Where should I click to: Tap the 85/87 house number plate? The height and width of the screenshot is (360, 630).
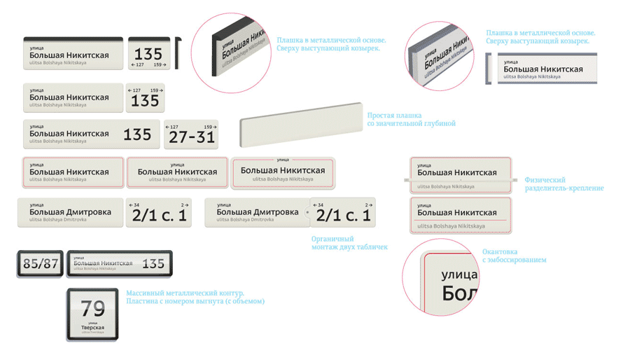coord(41,264)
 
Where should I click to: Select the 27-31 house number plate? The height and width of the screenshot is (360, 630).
coord(191,134)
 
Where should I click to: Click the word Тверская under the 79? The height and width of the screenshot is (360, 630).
coord(92,327)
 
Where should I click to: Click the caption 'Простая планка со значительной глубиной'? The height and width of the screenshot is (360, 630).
coord(411,119)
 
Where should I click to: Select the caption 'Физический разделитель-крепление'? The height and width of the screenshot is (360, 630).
coord(563,184)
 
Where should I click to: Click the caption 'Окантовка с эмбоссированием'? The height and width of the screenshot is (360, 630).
coord(514,256)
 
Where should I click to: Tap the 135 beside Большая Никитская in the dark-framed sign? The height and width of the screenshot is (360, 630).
coord(153,264)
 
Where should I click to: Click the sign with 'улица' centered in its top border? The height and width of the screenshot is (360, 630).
coord(283,172)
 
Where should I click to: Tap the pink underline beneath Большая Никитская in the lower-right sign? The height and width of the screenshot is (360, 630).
coord(460,220)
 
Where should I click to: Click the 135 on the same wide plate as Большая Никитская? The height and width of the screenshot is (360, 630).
coord(137,134)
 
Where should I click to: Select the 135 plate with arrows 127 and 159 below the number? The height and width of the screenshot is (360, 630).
coord(148,55)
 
